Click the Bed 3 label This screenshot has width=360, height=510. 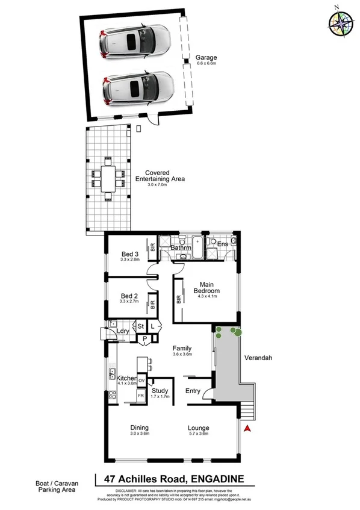click(130, 253)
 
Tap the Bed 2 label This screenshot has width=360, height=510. click(130, 296)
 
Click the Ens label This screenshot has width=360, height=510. click(222, 244)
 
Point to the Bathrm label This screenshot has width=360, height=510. click(181, 247)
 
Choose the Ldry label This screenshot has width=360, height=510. click(124, 331)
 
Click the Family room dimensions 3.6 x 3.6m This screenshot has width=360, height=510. click(182, 355)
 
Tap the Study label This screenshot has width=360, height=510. click(160, 391)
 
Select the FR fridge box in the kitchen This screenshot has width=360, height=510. click(141, 396)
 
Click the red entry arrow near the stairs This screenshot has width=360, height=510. click(247, 428)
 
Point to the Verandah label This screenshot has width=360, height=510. click(258, 358)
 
